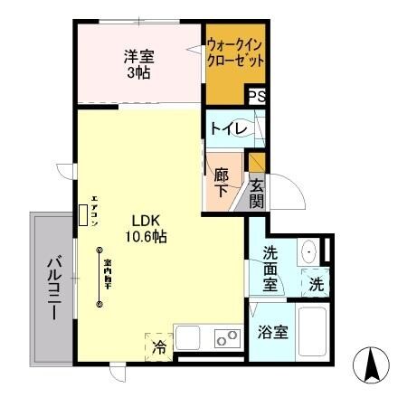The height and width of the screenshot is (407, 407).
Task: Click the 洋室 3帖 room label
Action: [138, 65]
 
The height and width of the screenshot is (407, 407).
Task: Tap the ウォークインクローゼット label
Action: [235, 53]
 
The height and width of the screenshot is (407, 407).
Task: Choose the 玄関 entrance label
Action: [257, 193]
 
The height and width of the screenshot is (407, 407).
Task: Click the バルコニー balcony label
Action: [52, 288]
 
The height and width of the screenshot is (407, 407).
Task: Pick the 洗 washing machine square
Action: [315, 283]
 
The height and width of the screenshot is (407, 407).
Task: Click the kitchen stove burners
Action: [226, 339]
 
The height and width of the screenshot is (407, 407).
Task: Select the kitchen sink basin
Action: [188, 339]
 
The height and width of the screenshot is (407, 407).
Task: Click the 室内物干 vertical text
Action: [107, 271]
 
